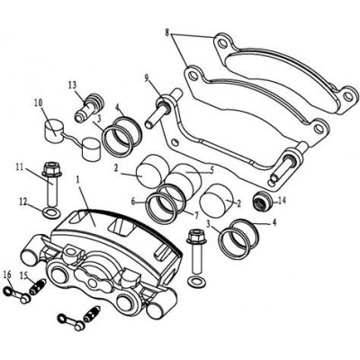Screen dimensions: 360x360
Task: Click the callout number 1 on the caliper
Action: (x=77, y=180)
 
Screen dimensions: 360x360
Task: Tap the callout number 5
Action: (x=211, y=170)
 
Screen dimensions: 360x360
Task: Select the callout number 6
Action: (x=133, y=202)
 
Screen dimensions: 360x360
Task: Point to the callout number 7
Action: (x=196, y=215)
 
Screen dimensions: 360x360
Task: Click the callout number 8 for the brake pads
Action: (x=167, y=31)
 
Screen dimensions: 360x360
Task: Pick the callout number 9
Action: (x=147, y=79)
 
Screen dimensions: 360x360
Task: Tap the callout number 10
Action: (x=39, y=103)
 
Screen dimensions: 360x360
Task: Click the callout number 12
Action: (x=23, y=202)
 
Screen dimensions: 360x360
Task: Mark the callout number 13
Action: (x=73, y=85)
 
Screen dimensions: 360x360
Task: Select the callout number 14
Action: (x=282, y=201)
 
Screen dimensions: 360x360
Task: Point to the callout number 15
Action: (x=24, y=275)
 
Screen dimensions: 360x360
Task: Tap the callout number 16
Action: (x=7, y=275)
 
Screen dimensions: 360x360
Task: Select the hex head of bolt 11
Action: (x=52, y=169)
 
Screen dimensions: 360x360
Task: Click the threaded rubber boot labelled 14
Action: (x=263, y=201)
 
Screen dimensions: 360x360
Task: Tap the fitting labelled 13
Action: (x=89, y=108)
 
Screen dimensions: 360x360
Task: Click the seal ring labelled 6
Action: (x=161, y=209)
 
